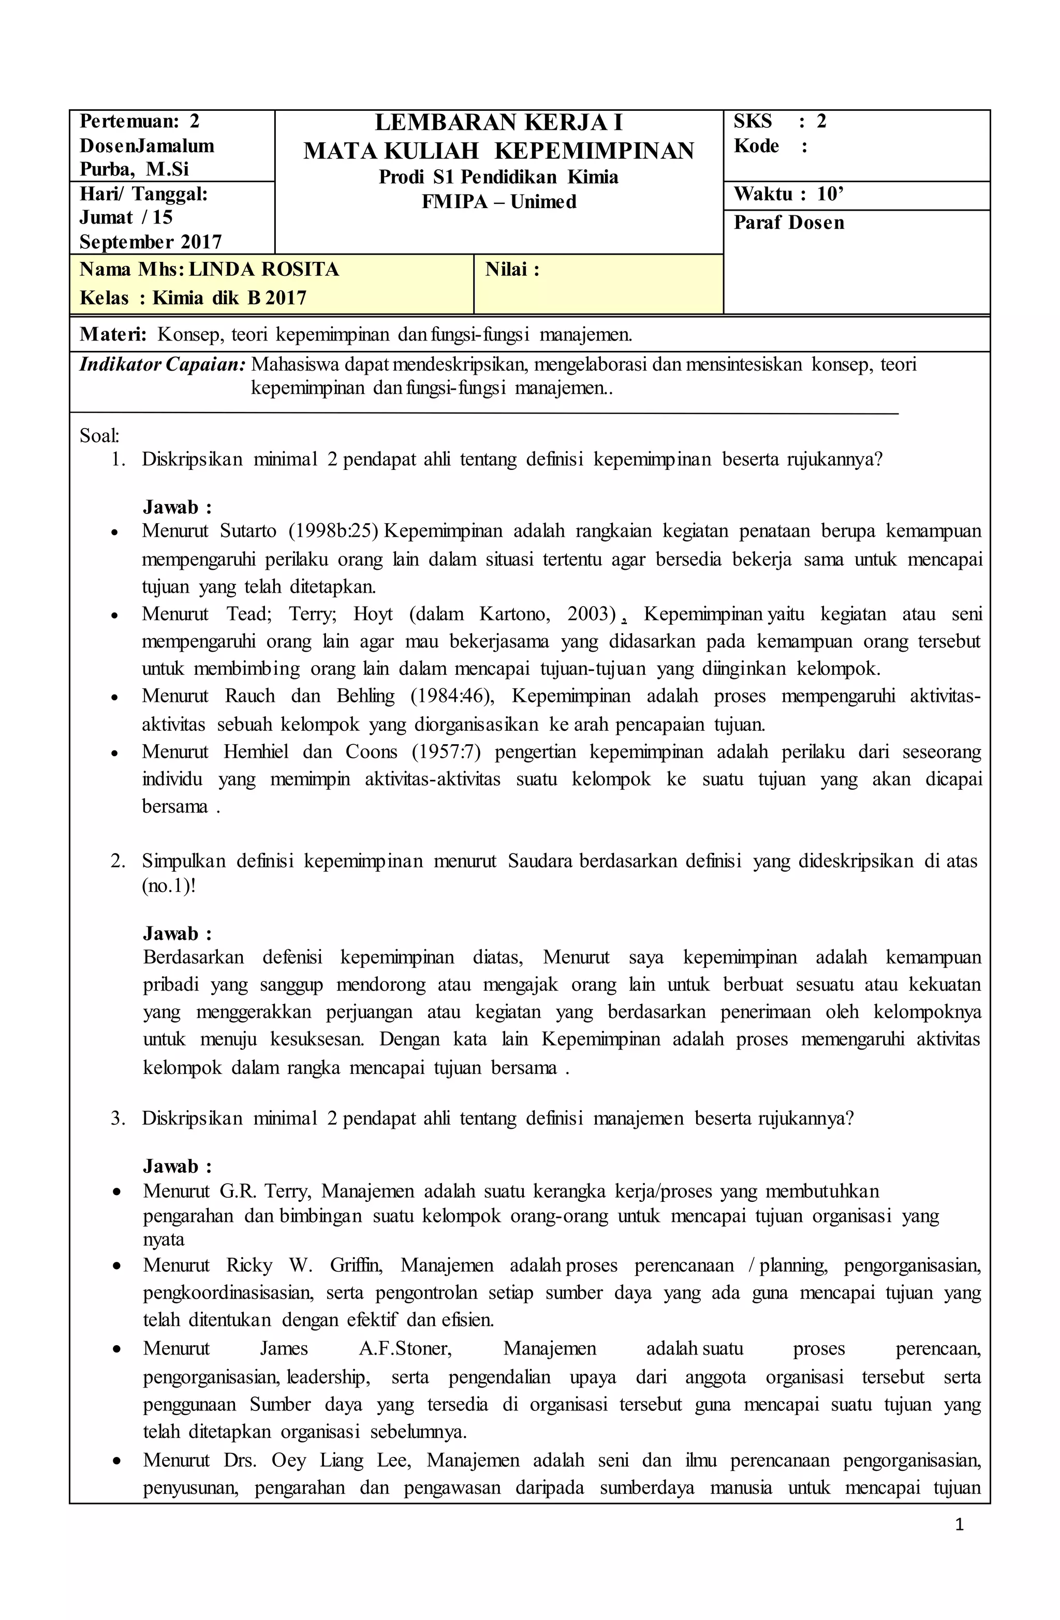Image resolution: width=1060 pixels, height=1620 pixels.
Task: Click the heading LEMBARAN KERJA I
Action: pos(498,123)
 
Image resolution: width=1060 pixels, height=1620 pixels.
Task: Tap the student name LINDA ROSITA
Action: pos(263,270)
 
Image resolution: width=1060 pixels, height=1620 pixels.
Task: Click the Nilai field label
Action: pos(512,270)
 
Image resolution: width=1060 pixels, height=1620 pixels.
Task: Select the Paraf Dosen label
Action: pos(788,223)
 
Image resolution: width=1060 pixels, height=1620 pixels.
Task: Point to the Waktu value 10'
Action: pos(830,195)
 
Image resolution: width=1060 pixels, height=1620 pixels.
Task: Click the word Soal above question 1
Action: pos(99,436)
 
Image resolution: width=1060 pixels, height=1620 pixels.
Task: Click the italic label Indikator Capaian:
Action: pos(162,364)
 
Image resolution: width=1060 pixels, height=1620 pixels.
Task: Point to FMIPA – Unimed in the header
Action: pos(498,202)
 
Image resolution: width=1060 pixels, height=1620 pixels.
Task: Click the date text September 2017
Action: pos(151,242)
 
